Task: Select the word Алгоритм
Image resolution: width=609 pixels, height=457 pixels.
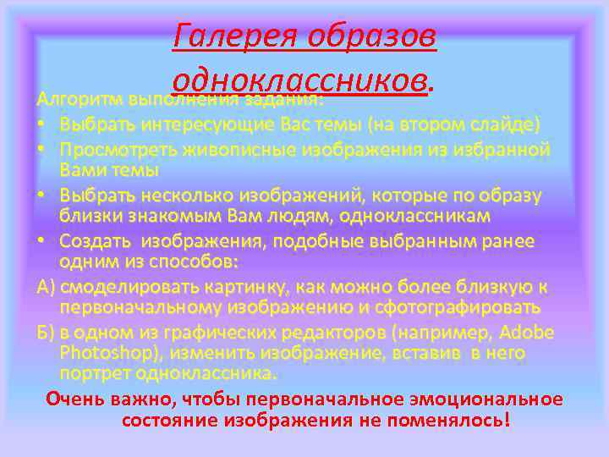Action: [x=77, y=99]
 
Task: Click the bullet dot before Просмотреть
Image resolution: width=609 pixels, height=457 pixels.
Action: [x=41, y=150]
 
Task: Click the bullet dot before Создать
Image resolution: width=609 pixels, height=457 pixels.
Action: [x=41, y=241]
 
